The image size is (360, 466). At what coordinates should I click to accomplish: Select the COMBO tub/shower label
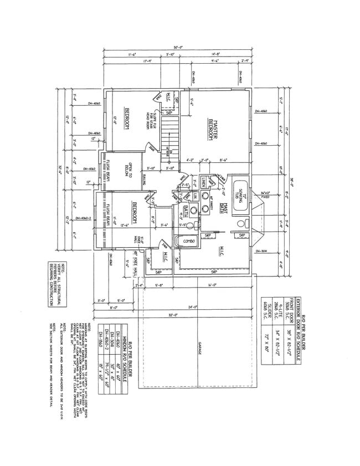182,241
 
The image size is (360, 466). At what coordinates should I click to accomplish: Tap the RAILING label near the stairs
143,178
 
